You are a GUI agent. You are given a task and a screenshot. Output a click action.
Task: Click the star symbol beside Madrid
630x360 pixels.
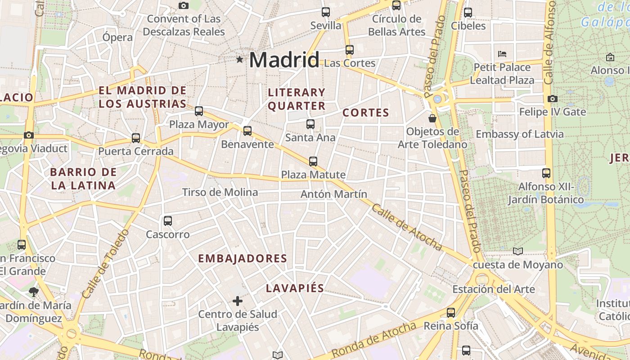239,59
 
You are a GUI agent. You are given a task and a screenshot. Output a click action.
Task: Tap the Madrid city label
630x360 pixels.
284,60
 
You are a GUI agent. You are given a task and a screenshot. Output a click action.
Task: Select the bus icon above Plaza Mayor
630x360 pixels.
199,111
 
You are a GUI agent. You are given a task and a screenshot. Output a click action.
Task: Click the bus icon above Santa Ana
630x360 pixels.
310,124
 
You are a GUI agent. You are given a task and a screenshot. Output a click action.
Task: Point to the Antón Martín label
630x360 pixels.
333,194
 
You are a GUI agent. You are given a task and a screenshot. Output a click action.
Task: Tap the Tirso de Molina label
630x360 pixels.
220,192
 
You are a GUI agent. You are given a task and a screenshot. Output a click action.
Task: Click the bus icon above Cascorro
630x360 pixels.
168,220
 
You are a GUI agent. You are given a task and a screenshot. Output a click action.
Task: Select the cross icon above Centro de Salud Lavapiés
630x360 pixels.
237,301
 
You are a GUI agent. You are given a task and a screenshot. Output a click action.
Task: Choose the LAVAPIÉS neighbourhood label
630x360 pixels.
295,288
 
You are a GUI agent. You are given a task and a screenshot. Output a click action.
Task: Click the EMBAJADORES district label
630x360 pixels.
243,258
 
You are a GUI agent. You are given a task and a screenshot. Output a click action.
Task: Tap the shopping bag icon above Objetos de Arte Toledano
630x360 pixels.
432,118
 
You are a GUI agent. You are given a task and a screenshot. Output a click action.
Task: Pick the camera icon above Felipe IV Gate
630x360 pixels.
553,99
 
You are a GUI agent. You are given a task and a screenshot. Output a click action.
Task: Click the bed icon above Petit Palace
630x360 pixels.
502,54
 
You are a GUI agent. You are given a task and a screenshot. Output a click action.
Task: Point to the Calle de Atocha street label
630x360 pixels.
407,228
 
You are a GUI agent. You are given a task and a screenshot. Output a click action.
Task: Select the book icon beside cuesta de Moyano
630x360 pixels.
518,251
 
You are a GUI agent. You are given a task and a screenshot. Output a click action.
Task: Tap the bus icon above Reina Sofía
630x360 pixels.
451,312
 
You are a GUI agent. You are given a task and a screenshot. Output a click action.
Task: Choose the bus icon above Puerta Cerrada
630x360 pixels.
136,138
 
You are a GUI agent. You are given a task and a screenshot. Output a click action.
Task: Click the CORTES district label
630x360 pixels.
365,112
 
